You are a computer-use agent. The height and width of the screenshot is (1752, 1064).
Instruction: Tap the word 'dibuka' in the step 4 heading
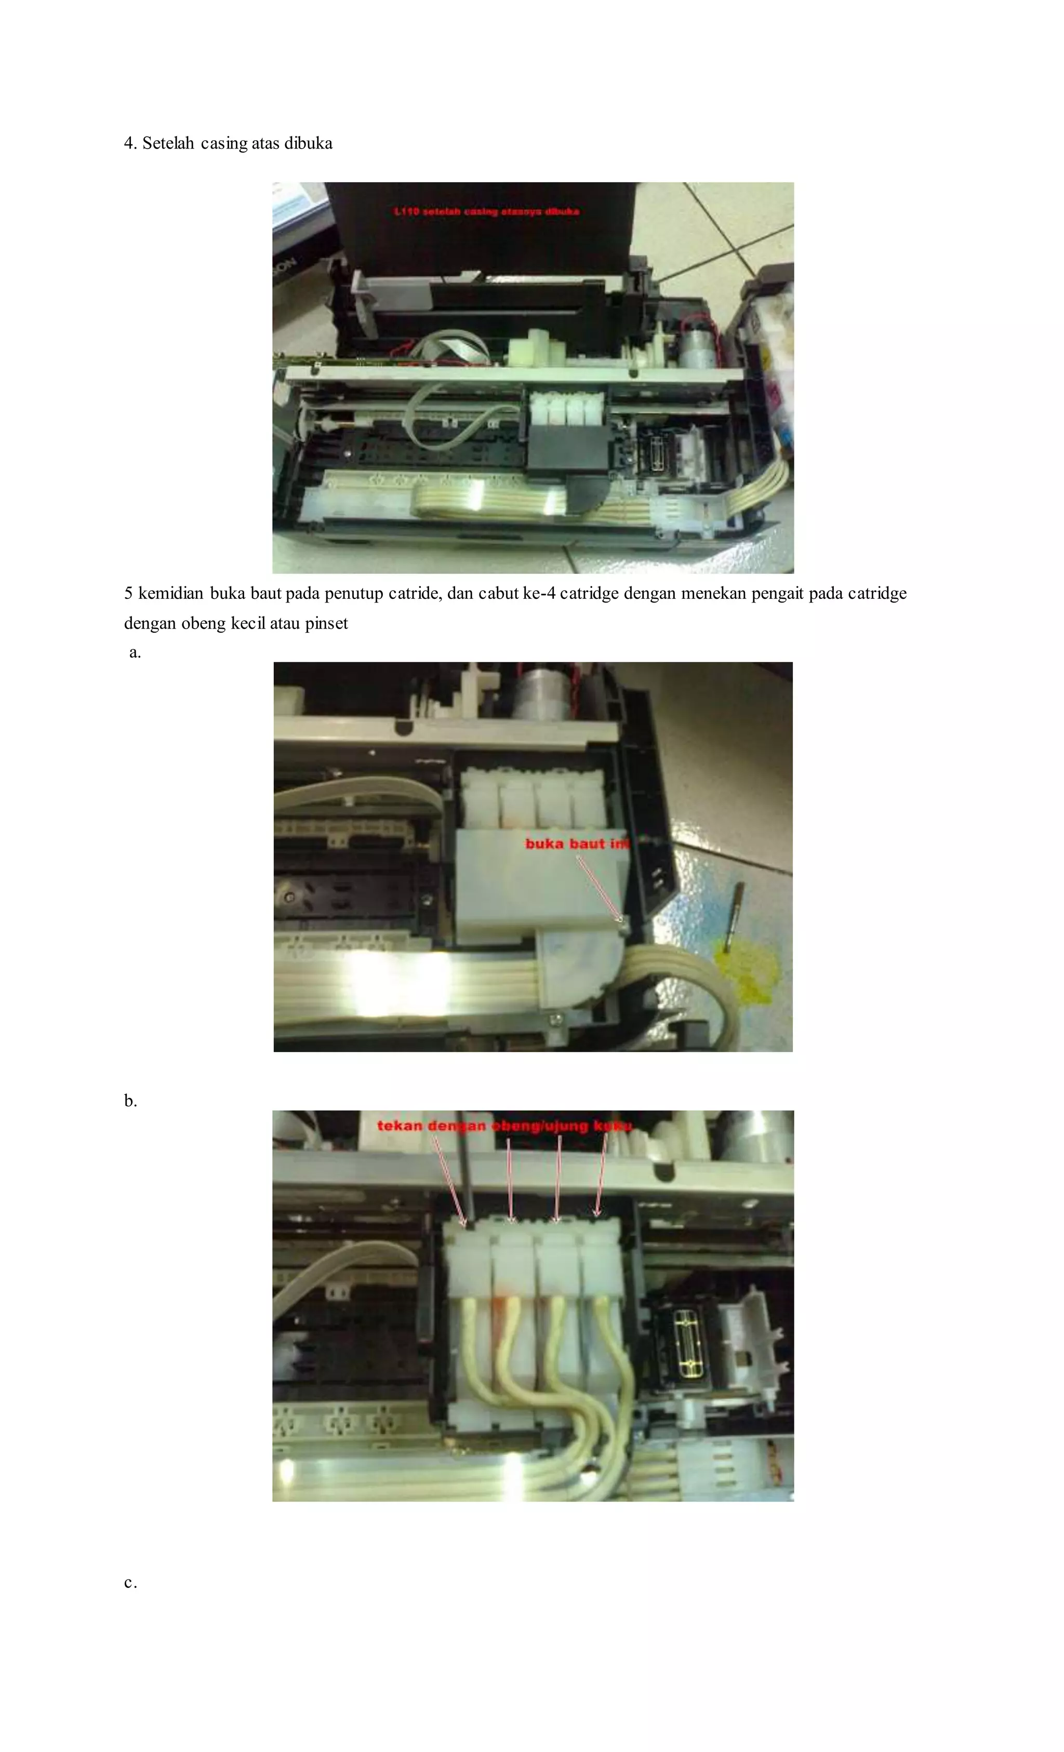308,144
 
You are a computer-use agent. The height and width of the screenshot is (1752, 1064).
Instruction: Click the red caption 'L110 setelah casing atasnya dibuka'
486,211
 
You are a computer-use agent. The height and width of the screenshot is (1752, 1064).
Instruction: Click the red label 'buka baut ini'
577,844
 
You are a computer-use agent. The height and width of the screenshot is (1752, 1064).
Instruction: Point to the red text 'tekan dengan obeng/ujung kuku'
503,1126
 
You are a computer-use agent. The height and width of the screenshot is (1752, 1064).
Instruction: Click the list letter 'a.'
135,653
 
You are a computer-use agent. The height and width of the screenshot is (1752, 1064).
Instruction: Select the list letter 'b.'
130,1101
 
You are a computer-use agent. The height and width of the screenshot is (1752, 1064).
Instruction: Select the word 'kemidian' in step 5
171,593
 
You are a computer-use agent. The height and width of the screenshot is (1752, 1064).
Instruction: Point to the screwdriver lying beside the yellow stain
733,917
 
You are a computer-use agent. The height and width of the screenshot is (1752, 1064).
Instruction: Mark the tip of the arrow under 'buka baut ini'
621,921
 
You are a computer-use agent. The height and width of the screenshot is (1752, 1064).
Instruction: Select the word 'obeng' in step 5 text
204,624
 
